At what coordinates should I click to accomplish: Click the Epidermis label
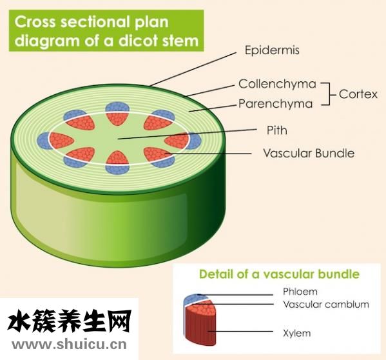pyautogui.click(x=272, y=50)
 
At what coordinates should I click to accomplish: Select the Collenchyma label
pyautogui.click(x=277, y=84)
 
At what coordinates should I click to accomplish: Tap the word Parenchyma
pyautogui.click(x=275, y=104)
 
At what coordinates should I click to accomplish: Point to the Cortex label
pyautogui.click(x=358, y=94)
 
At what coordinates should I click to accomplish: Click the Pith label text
pyautogui.click(x=277, y=130)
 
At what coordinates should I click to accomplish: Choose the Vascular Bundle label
pyautogui.click(x=309, y=153)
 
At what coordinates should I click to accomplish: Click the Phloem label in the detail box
pyautogui.click(x=300, y=292)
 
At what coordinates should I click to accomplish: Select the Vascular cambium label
pyautogui.click(x=326, y=305)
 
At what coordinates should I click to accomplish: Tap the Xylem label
pyautogui.click(x=297, y=334)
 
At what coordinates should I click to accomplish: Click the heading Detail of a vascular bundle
pyautogui.click(x=279, y=274)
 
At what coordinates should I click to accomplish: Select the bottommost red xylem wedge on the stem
pyautogui.click(x=118, y=158)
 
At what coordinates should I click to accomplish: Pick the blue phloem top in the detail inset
pyautogui.click(x=194, y=299)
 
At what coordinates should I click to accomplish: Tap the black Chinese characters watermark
pyautogui.click(x=70, y=321)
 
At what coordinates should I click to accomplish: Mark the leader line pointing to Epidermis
pyautogui.click(x=193, y=69)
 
